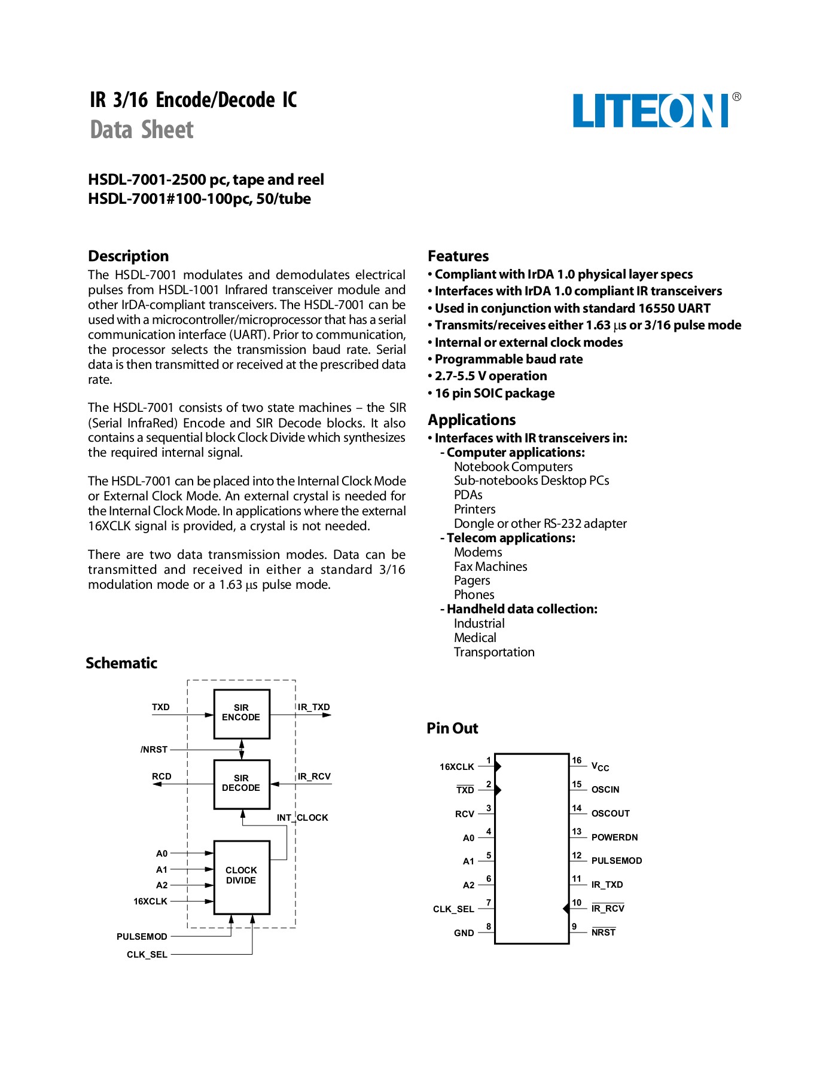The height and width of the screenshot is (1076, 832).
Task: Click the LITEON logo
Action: click(651, 111)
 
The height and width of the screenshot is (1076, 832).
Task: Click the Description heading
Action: click(128, 256)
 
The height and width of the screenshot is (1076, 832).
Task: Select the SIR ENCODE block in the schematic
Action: click(242, 713)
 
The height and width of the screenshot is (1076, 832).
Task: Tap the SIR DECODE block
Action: click(242, 784)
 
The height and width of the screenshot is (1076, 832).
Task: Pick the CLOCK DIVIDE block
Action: click(242, 876)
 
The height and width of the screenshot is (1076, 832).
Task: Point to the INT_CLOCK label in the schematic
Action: click(302, 818)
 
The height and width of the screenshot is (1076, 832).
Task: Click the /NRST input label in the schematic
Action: click(154, 750)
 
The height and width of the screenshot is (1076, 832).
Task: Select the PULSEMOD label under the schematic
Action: click(142, 937)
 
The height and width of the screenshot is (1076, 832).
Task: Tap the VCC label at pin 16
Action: click(600, 767)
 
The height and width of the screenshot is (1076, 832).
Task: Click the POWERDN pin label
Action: click(614, 837)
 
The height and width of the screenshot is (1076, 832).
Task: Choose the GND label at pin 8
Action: click(464, 933)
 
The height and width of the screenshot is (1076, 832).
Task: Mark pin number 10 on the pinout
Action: click(577, 903)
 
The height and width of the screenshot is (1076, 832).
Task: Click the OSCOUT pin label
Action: click(610, 814)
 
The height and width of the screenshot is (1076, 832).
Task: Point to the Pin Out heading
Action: click(452, 728)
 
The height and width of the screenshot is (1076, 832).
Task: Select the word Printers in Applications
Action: click(474, 509)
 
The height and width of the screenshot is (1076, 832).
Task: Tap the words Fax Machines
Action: click(490, 567)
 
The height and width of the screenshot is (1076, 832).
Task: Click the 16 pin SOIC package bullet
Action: click(494, 393)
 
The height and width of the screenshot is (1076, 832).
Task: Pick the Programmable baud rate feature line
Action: click(508, 359)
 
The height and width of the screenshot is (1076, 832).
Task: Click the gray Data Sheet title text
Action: click(142, 130)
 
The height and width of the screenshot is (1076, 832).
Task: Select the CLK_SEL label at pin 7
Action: click(453, 909)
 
